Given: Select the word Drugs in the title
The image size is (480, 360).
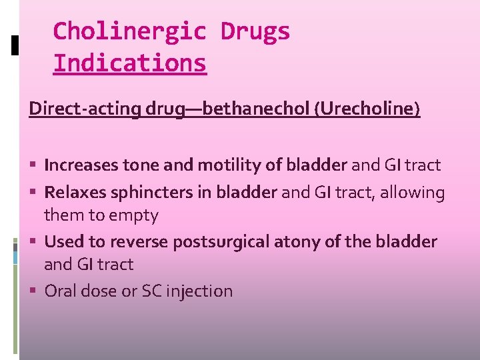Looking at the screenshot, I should click(x=255, y=31).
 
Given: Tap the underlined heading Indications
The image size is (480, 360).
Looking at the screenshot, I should click(x=129, y=63).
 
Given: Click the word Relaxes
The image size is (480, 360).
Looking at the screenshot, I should click(x=72, y=193).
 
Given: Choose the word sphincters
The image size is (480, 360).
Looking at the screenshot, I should click(x=148, y=193).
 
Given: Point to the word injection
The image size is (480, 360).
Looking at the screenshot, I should click(x=199, y=291).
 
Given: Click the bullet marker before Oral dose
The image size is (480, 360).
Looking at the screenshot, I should click(x=35, y=291).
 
